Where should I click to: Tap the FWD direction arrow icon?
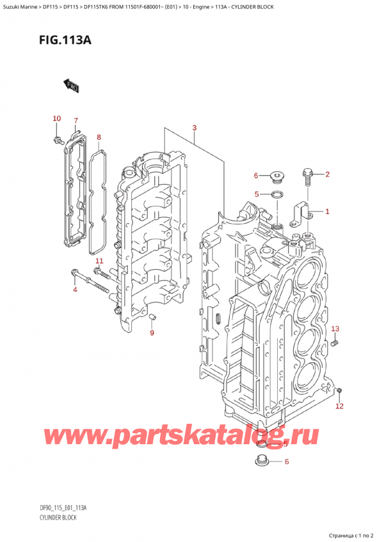tap(72, 85)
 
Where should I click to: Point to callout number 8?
tap(99, 137)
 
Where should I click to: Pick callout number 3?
tap(194, 128)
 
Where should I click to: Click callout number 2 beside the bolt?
tap(327, 174)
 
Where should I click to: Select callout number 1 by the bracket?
tap(327, 212)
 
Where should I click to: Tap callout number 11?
tap(99, 261)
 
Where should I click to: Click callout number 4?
tap(74, 291)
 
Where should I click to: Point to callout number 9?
tap(152, 332)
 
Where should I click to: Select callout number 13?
tap(335, 329)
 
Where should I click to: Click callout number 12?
tap(340, 406)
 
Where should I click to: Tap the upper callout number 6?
tap(256, 176)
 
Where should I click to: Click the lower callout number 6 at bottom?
tap(287, 461)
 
